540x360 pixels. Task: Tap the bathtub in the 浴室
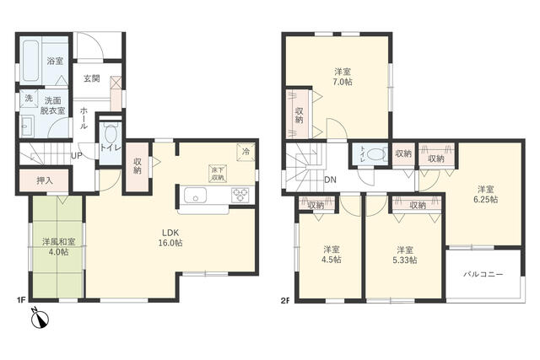click(x=30, y=61)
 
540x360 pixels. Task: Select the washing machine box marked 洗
click(x=29, y=99)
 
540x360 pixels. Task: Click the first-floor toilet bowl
click(x=111, y=133)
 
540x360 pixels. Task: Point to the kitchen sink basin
click(x=195, y=196)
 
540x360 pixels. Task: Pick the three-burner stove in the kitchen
click(x=240, y=196)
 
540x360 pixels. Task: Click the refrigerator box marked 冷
click(x=246, y=152)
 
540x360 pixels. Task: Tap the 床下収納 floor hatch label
click(x=218, y=174)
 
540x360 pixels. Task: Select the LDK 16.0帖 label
click(x=170, y=238)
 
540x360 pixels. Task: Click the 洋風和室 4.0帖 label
click(x=58, y=247)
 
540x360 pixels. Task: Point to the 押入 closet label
click(x=45, y=180)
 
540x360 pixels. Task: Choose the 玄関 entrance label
click(x=92, y=78)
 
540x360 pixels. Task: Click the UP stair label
click(x=77, y=156)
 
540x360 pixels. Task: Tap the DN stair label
click(x=330, y=180)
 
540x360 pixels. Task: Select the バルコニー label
click(x=483, y=275)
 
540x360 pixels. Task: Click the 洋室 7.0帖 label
click(x=343, y=77)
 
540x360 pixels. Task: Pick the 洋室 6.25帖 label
click(x=486, y=194)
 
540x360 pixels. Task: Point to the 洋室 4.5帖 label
click(x=332, y=255)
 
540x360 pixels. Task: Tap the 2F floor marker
click(x=285, y=300)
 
